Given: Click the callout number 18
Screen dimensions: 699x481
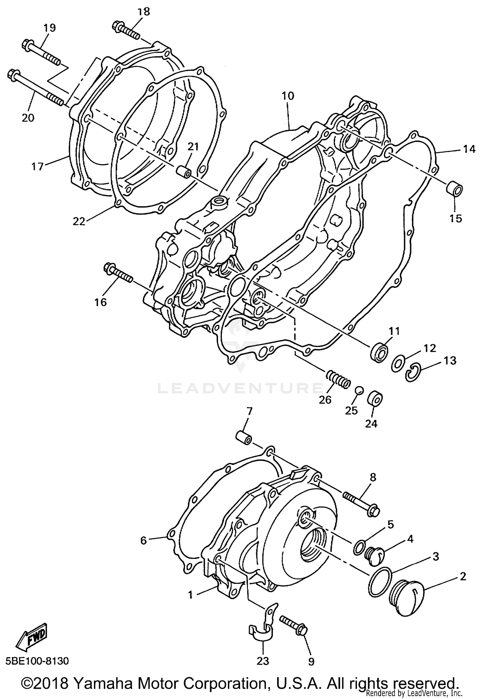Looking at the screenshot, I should pyautogui.click(x=144, y=12).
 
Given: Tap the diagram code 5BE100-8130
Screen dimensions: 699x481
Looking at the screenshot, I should pyautogui.click(x=37, y=661).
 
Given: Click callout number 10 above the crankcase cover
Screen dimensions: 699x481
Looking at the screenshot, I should pyautogui.click(x=288, y=96).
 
